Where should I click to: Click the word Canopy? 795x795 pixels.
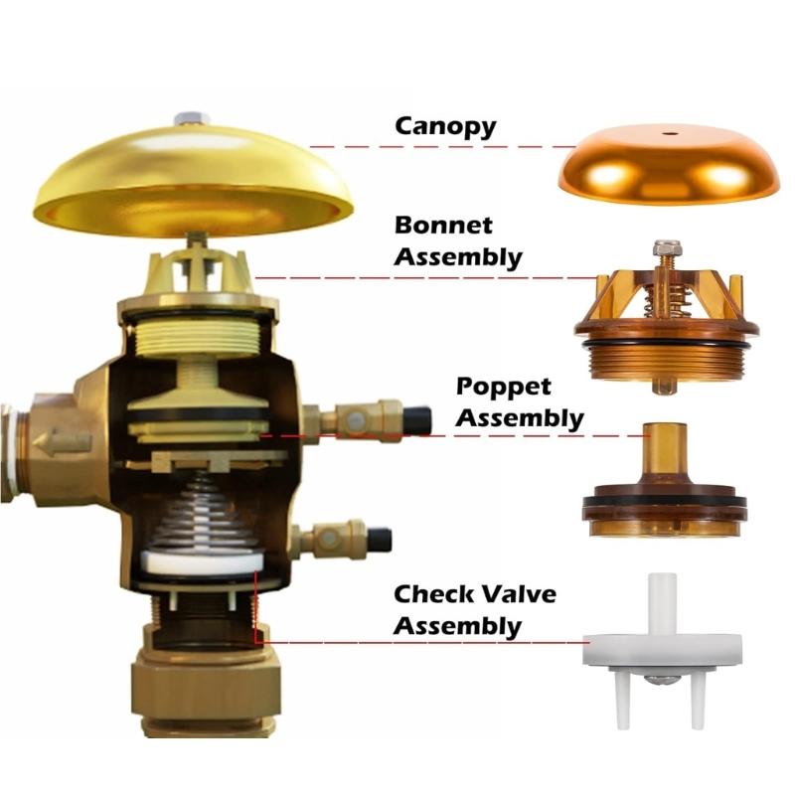click(446, 127)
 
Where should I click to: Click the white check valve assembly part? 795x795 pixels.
click(665, 646)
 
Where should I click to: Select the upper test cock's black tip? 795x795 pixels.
click(418, 419)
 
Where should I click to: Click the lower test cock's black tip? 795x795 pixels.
click(379, 540)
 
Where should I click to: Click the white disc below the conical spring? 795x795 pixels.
click(203, 562)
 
